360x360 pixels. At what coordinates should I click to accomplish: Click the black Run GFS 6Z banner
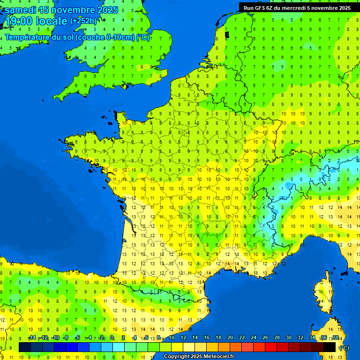pyautogui.click(x=297, y=7)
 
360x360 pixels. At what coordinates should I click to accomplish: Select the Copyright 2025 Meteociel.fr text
pyautogui.click(x=199, y=357)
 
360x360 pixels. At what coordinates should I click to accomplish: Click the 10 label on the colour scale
pyautogui.click(x=171, y=338)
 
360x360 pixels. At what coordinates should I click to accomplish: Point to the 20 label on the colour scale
pyautogui.click(x=230, y=338)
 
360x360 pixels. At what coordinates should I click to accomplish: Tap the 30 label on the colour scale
pyautogui.click(x=288, y=338)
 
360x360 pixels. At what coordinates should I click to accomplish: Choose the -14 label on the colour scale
pyautogui.click(x=32, y=338)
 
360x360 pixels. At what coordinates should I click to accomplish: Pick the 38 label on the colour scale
pyautogui.click(x=335, y=338)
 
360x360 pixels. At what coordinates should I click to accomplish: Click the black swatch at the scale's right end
pyautogui.click(x=330, y=347)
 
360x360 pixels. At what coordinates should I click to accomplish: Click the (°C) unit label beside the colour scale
pyautogui.click(x=344, y=347)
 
